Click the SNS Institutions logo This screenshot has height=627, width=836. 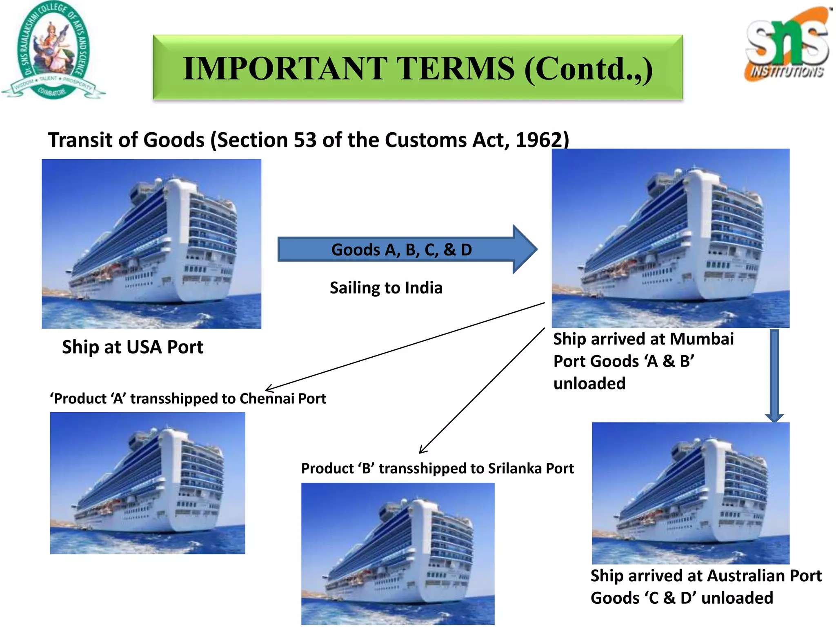[x=787, y=45]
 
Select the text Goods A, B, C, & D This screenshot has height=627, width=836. [x=401, y=249]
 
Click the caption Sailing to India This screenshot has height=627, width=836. [x=386, y=288]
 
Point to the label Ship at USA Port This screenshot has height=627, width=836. [x=132, y=347]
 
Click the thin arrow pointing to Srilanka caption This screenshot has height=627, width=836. [x=482, y=390]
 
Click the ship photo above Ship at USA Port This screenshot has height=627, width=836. [x=151, y=244]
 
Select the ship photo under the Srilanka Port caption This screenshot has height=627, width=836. [x=398, y=554]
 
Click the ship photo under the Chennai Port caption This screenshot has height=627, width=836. [x=147, y=483]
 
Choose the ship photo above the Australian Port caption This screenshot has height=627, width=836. [x=691, y=493]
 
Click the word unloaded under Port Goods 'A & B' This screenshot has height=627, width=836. [x=589, y=384]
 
